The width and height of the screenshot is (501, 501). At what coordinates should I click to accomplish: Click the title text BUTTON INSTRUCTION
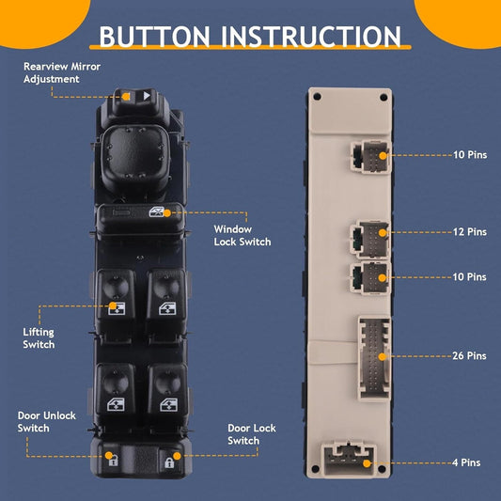(250, 37)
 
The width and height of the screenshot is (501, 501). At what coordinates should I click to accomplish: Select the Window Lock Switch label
(242, 235)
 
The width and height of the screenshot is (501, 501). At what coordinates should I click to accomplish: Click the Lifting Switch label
(39, 338)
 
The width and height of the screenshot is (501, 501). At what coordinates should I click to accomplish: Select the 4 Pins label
(466, 463)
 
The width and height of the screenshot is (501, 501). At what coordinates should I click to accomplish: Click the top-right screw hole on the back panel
(382, 97)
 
